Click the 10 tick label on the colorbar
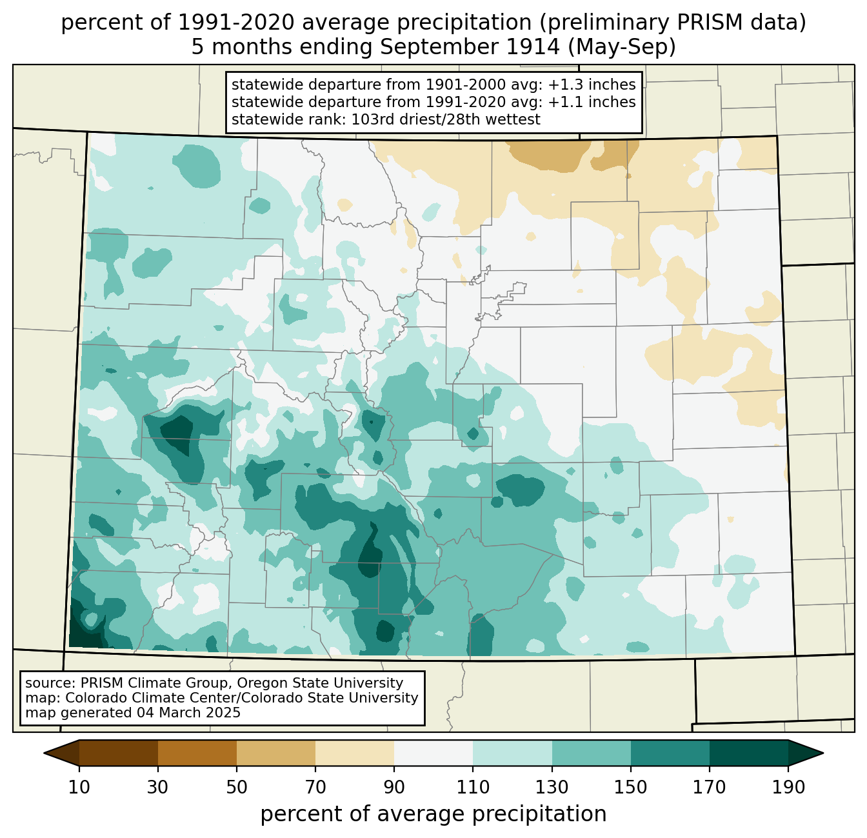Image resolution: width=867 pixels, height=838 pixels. [79, 787]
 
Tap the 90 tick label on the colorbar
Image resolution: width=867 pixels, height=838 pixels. [394, 787]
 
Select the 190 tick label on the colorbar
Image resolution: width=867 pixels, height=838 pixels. [788, 787]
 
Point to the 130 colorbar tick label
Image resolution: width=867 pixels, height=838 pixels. [552, 787]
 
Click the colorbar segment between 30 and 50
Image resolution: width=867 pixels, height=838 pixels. [197, 753]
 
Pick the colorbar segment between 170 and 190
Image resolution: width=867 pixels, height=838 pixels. [748, 753]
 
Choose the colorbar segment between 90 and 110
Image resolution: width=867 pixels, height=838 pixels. [433, 753]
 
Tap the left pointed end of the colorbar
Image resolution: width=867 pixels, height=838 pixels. [45, 753]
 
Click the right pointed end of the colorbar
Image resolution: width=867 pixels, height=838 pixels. [822, 753]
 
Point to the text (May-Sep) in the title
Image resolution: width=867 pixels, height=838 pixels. [622, 48]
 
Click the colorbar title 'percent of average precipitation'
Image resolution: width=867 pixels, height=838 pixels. [433, 814]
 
